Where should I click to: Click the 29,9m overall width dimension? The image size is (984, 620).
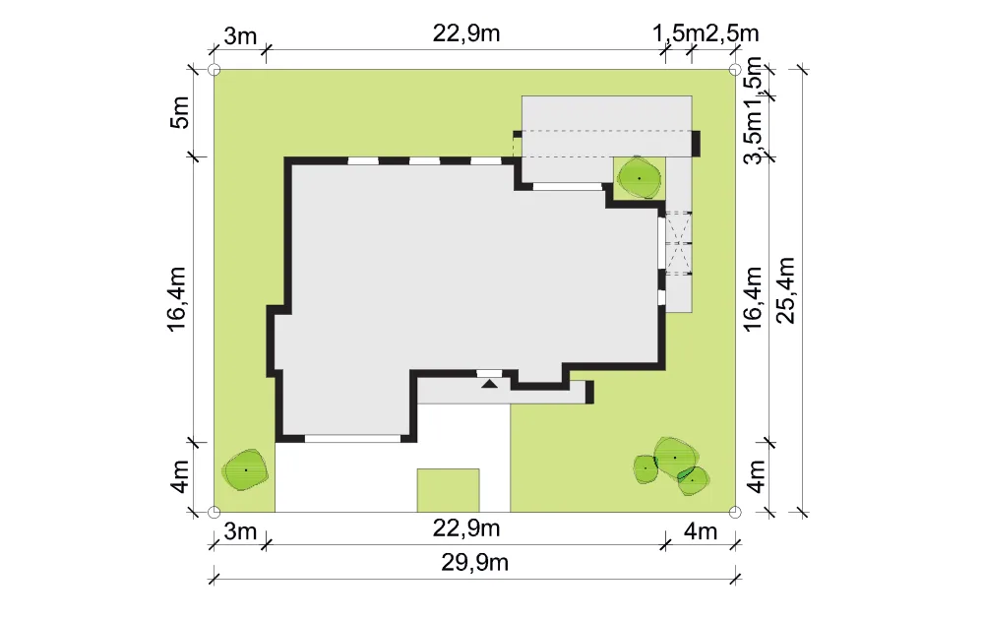[x=474, y=563]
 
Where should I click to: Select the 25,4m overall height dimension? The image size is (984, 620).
[x=785, y=290]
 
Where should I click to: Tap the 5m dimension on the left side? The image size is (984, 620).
[x=179, y=113]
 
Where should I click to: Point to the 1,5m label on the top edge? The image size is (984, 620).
[x=678, y=33]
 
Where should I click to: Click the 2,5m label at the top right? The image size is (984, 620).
[x=732, y=33]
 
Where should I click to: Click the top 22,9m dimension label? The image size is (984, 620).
[x=466, y=33]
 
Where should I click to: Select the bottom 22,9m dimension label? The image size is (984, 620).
[x=466, y=528]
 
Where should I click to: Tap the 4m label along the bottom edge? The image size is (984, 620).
[x=701, y=531]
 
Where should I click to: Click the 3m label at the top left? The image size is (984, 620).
[x=240, y=36]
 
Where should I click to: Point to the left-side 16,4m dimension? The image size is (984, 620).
[x=177, y=299]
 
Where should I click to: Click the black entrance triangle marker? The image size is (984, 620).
[x=489, y=383]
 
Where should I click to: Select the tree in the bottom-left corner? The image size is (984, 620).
[x=245, y=469]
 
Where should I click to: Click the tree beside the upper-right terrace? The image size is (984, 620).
[x=639, y=178]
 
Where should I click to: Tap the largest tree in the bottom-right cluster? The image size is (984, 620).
[x=675, y=458]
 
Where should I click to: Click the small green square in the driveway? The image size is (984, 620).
[x=448, y=490]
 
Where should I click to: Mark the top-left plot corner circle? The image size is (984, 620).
[x=214, y=70]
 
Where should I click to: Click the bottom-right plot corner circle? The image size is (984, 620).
[x=735, y=512]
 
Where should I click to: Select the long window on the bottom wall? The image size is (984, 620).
[x=352, y=438]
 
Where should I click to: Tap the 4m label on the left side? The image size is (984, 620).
[x=179, y=477]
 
